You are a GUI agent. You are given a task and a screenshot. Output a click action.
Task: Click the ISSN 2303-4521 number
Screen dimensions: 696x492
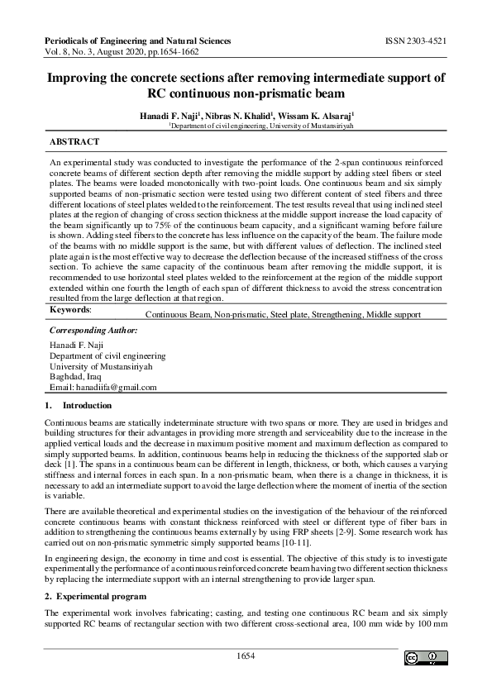click(416, 40)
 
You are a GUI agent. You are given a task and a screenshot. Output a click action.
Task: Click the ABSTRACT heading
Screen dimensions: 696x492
click(74, 142)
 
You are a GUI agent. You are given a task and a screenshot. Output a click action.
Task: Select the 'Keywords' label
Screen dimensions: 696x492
click(70, 309)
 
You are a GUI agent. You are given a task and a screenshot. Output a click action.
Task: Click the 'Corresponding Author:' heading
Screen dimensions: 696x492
click(93, 330)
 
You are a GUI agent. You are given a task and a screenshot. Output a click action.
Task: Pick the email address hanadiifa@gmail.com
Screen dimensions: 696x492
click(103, 387)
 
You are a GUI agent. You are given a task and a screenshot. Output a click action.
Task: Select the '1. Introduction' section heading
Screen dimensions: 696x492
click(78, 406)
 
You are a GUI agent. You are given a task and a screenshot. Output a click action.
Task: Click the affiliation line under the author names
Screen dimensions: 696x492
click(246, 128)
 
